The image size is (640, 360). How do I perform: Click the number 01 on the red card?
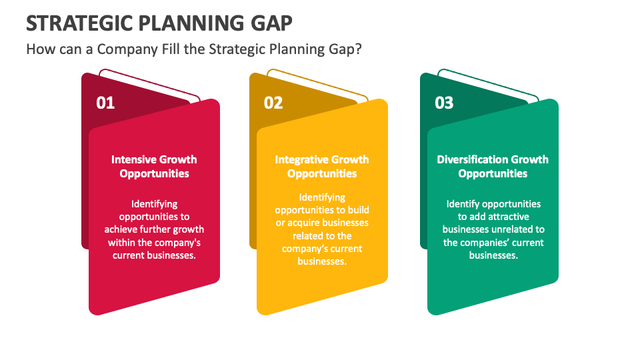(105, 103)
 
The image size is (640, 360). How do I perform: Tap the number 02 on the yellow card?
(273, 103)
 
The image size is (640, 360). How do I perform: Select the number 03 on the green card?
(444, 103)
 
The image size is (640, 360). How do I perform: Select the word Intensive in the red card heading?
(133, 159)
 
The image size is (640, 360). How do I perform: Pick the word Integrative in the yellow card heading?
(298, 159)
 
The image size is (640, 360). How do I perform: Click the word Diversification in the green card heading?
(472, 159)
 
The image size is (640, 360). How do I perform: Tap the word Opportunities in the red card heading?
(154, 174)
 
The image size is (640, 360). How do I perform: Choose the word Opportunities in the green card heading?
(493, 174)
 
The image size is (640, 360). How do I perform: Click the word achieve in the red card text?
(121, 229)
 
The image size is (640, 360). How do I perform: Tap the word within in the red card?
(121, 242)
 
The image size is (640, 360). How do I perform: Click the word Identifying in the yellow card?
(322, 197)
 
